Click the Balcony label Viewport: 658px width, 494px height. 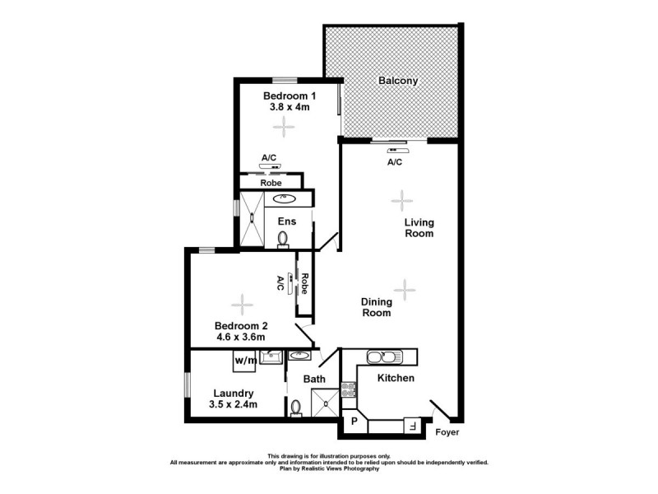pos(398,81)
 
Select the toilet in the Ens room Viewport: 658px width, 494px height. pos(283,238)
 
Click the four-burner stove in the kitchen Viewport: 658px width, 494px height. pos(348,392)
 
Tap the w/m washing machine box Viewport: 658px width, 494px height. pos(243,360)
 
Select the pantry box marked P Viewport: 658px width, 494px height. pos(354,422)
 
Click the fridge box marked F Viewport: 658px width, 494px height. pos(410,426)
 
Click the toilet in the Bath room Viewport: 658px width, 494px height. pos(296,407)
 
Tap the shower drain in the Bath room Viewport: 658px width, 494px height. pos(327,403)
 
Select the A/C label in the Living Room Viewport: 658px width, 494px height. pos(395,162)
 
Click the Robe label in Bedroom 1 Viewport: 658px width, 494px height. pos(271,183)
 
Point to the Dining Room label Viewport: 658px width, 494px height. pos(376,307)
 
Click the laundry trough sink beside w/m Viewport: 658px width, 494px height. pos(270,357)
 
